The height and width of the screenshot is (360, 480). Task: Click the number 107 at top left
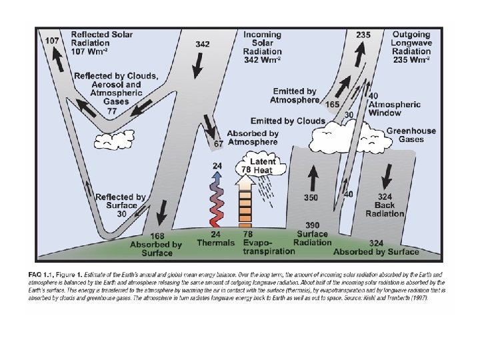pyautogui.click(x=53, y=41)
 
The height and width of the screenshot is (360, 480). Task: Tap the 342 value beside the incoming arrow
pyautogui.click(x=203, y=44)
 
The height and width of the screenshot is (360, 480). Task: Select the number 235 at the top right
pyautogui.click(x=363, y=35)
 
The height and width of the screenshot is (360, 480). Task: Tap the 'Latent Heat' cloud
pyautogui.click(x=261, y=165)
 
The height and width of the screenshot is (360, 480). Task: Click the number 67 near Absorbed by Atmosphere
pyautogui.click(x=218, y=144)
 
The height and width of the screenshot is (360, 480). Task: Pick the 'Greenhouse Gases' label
pyautogui.click(x=411, y=135)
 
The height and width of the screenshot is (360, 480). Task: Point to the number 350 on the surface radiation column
pyautogui.click(x=311, y=198)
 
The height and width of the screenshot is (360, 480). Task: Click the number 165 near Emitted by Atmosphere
pyautogui.click(x=332, y=105)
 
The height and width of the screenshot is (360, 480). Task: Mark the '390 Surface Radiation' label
pyautogui.click(x=313, y=234)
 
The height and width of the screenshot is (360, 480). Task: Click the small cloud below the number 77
pyautogui.click(x=112, y=140)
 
